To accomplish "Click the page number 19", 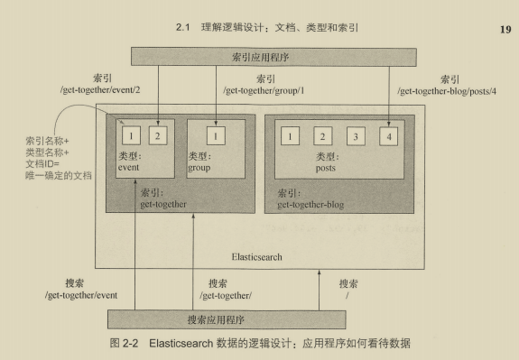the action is coord(505,30).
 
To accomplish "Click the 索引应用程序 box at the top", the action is coord(273,57).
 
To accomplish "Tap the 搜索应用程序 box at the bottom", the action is coord(227,319).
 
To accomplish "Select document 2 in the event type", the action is coord(158,135).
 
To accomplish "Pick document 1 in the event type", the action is coord(131,135).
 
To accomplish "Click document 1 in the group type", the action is coord(216,135).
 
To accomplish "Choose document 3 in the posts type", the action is coord(356,136).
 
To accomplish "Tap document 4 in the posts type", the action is coord(389,136).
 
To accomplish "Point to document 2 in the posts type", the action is coord(323,136).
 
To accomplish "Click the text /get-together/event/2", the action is coord(100,90).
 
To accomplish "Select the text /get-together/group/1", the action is coord(264,90).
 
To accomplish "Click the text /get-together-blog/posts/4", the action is coord(447,91).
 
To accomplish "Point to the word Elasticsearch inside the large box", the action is coord(257,257).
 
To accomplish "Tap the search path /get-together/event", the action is coord(81,295).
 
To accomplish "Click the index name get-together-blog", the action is coord(310,205).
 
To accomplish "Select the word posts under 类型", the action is coord(325,168).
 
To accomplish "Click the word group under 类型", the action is coord(199,168).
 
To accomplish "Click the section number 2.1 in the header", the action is coord(182,27).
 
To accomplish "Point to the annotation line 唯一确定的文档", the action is coord(59,175).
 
